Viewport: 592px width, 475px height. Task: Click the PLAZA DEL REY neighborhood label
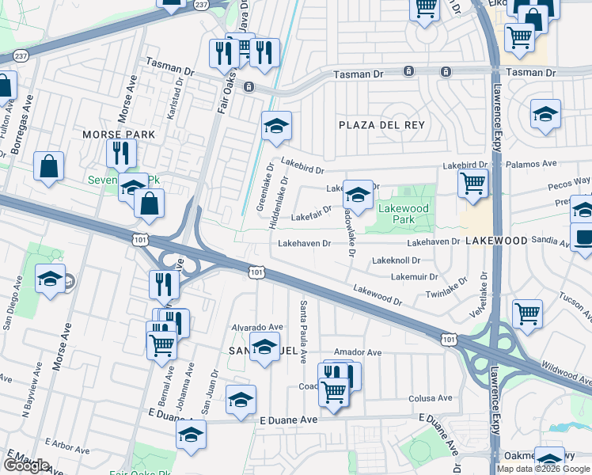pyautogui.click(x=381, y=125)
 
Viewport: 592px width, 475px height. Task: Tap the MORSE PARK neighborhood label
pyautogui.click(x=119, y=135)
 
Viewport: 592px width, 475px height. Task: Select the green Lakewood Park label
pyautogui.click(x=403, y=214)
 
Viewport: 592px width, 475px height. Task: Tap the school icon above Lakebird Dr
pyautogui.click(x=276, y=126)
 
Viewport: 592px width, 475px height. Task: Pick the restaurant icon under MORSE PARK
pyautogui.click(x=121, y=153)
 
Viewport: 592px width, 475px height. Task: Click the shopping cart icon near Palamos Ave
pyautogui.click(x=472, y=183)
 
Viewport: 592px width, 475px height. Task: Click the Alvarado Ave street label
pyautogui.click(x=256, y=327)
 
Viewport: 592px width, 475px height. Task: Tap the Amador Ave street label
pyautogui.click(x=358, y=352)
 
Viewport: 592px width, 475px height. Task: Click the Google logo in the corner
pyautogui.click(x=26, y=465)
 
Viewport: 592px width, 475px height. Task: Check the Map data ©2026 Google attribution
pyautogui.click(x=543, y=469)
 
